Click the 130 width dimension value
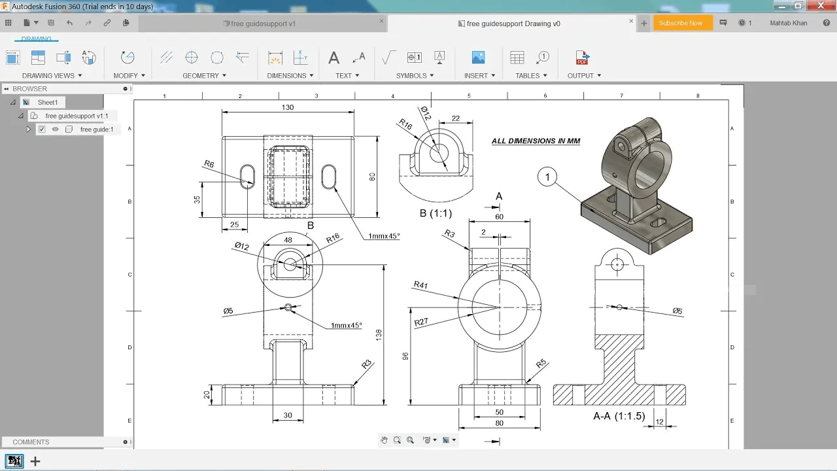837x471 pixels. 288,107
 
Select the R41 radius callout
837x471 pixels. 420,285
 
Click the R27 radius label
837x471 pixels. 421,322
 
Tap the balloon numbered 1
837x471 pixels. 547,177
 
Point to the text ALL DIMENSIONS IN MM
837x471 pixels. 536,141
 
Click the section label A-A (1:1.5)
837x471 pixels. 619,416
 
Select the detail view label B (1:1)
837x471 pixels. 436,213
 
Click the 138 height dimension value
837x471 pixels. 379,335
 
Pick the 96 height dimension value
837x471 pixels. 405,357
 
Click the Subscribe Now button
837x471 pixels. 680,23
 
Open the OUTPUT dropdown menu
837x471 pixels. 584,75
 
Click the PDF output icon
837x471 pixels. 582,58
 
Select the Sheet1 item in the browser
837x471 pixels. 47,102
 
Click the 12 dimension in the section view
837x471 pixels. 659,422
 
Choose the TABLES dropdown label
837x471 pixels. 531,75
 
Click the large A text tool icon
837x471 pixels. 333,58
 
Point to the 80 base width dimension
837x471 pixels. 500,423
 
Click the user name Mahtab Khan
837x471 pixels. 789,23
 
